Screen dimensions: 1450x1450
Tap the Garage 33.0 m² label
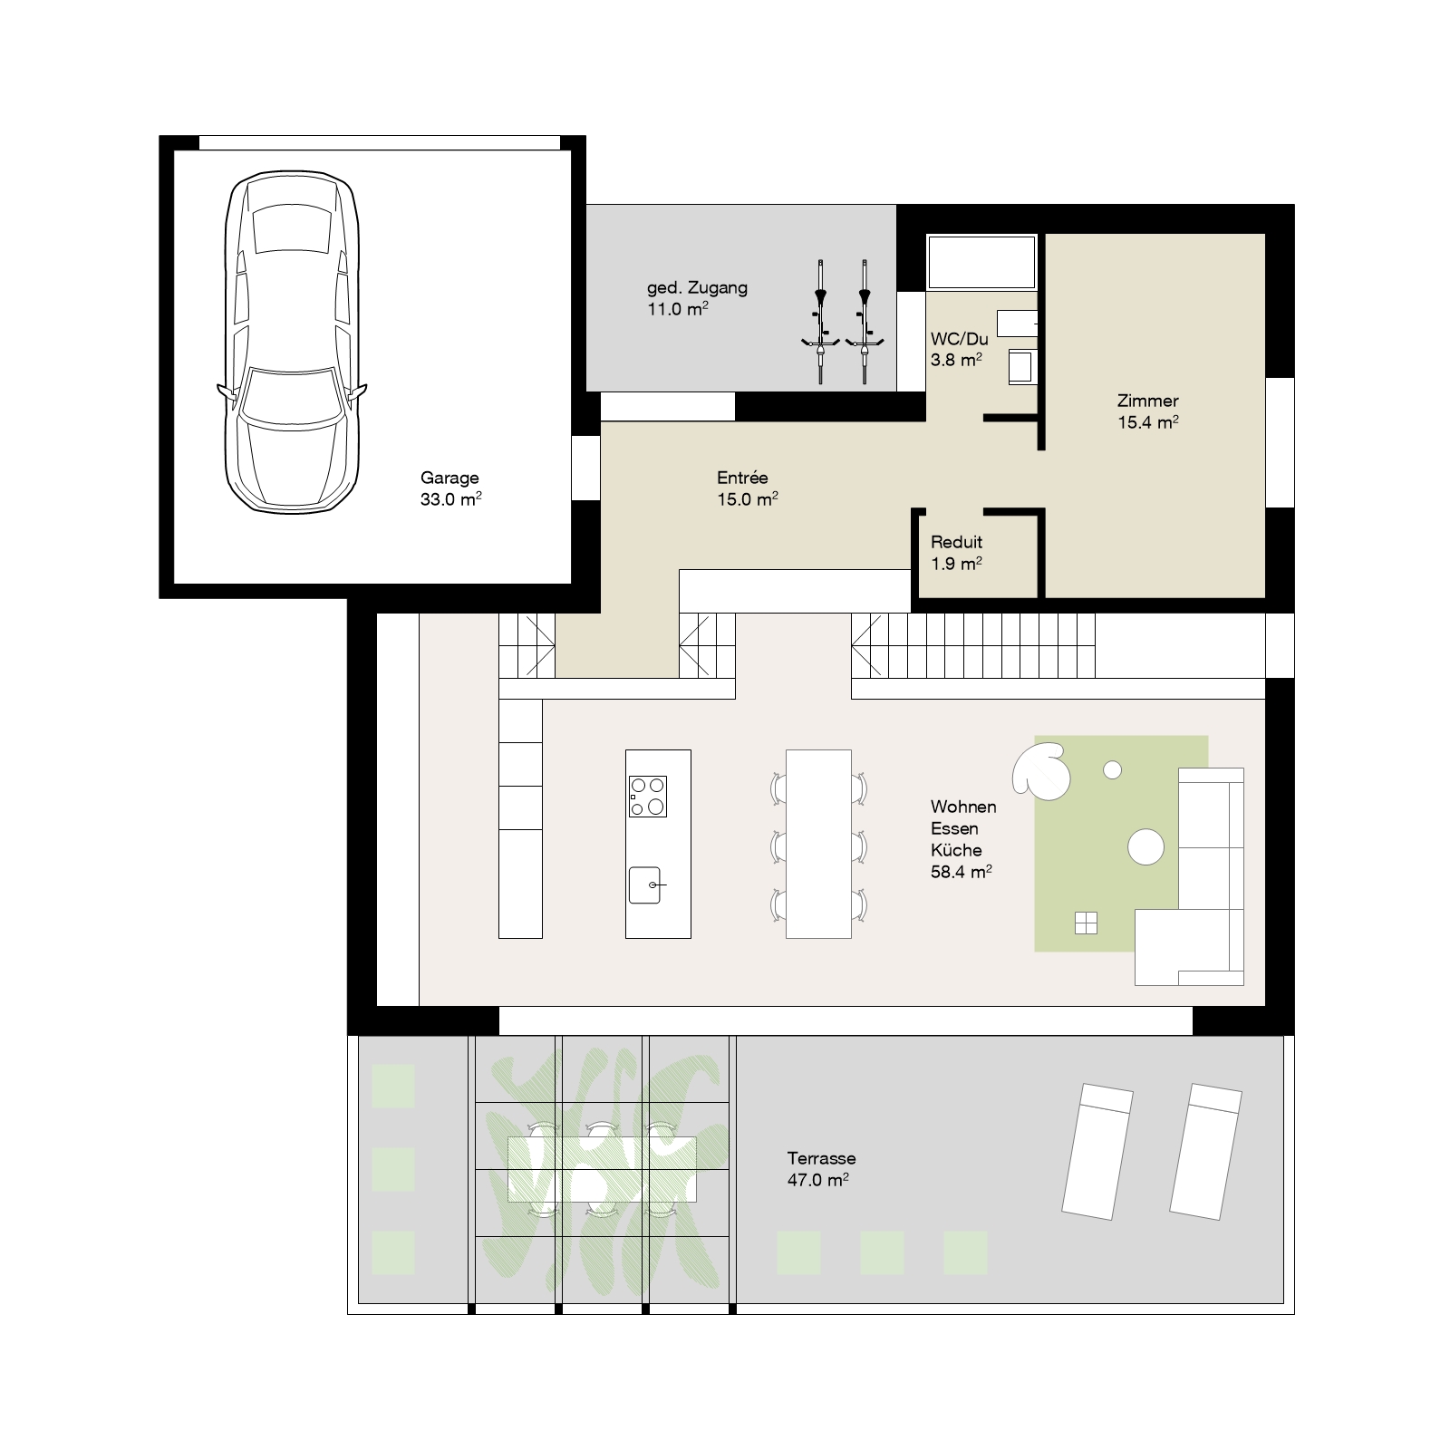(x=450, y=488)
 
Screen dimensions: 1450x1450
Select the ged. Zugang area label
(x=697, y=298)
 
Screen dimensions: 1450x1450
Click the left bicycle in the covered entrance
(x=820, y=322)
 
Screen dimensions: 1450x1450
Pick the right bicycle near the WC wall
(x=865, y=322)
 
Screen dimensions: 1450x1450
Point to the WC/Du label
(x=959, y=349)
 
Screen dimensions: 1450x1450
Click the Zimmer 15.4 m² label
(x=1148, y=411)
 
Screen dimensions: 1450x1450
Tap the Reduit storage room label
(x=957, y=552)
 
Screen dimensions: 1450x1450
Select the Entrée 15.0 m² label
(x=748, y=488)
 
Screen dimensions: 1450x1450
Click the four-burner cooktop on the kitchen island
(x=648, y=797)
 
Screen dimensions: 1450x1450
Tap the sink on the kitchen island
(x=646, y=884)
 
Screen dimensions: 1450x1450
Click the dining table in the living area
(x=818, y=844)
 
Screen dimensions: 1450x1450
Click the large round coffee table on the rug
(x=1145, y=846)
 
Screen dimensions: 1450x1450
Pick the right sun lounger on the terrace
(x=1205, y=1150)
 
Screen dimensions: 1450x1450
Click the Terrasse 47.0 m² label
(x=820, y=1168)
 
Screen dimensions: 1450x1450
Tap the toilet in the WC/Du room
(x=1021, y=366)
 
